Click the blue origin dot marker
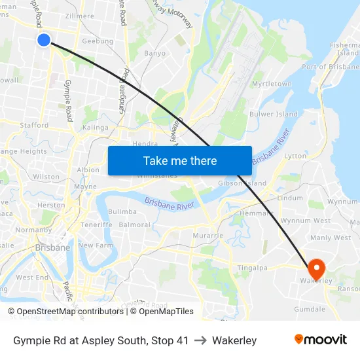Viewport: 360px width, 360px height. click(44, 40)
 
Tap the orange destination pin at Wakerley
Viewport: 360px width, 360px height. click(317, 268)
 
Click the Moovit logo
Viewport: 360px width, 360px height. click(321, 340)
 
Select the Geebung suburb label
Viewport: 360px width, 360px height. click(97, 41)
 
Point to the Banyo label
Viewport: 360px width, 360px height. click(154, 53)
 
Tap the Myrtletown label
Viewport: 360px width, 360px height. click(272, 84)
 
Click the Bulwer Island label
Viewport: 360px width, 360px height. click(274, 115)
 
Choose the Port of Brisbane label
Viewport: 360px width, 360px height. click(330, 67)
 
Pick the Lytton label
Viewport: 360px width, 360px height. click(295, 156)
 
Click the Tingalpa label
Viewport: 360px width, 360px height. click(252, 267)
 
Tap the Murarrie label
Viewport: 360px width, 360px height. click(209, 235)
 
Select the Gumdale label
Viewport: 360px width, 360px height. click(310, 308)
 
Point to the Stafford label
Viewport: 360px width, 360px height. click(34, 125)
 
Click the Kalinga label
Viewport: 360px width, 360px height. click(96, 128)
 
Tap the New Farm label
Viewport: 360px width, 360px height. click(96, 245)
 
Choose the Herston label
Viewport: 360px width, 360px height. click(51, 205)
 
